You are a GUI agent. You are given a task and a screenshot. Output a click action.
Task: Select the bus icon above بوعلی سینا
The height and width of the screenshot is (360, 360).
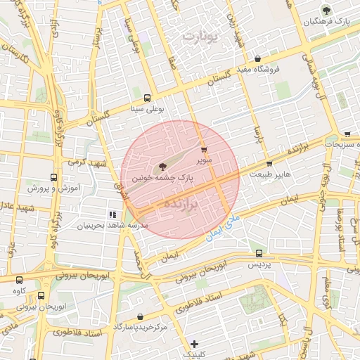(147, 98)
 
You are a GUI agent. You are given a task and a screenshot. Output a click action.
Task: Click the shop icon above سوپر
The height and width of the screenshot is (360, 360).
(204, 150)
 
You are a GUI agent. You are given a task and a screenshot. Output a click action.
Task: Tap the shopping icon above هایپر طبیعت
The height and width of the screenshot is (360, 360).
(269, 164)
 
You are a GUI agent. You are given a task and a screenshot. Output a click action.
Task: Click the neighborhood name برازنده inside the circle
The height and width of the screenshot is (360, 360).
(181, 202)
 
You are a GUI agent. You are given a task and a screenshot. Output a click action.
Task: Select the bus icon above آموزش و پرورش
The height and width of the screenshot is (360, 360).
(55, 178)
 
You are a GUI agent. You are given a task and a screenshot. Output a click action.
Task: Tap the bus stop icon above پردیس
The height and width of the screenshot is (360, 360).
(259, 253)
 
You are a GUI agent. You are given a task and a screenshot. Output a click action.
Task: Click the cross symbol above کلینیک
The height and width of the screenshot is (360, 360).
(194, 344)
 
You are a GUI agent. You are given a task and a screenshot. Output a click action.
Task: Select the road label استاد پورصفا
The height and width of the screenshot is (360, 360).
(341, 224)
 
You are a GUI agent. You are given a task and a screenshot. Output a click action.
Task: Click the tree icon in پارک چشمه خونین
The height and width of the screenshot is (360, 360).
(163, 167)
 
